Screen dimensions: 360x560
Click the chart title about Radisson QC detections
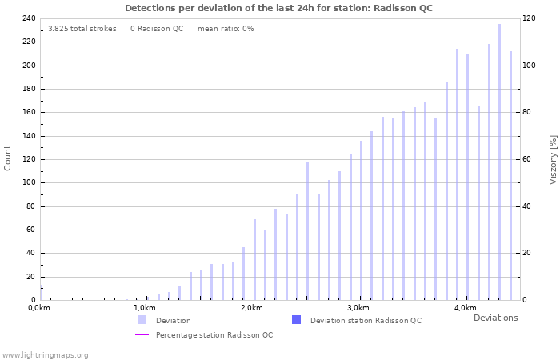tap(279, 8)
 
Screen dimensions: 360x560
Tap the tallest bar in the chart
tap(499, 160)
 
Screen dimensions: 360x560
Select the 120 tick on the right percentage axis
tap(530, 18)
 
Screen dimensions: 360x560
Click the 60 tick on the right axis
tap(527, 159)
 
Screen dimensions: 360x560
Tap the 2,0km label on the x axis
tap(251, 308)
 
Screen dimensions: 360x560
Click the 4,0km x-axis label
tap(465, 308)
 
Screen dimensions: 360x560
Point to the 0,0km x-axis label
tap(39, 308)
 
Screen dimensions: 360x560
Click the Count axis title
tap(8, 158)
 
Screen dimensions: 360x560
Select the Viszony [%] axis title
tap(552, 159)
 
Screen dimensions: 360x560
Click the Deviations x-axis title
tap(495, 318)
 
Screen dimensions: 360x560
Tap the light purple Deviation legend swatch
tap(142, 320)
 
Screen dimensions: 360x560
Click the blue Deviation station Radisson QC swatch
tap(296, 320)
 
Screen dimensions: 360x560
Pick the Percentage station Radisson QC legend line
tap(142, 334)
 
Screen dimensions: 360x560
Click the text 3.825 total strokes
tap(82, 29)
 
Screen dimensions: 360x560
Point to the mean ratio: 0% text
tap(226, 29)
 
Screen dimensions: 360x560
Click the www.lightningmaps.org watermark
tap(46, 354)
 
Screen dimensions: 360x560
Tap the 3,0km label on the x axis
tap(358, 308)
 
